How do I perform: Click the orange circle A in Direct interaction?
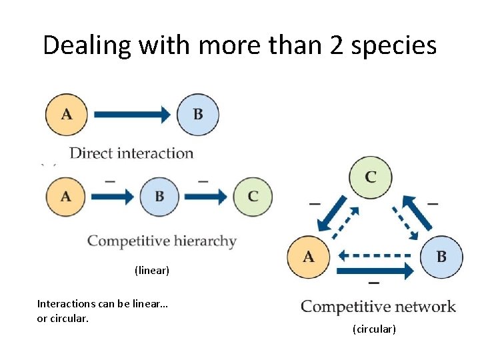pos(67,115)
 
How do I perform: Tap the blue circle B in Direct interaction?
pos(198,115)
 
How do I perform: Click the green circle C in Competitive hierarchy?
pos(253,197)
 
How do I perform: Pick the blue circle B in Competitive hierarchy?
pos(159,197)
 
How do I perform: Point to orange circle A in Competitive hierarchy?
pos(67,197)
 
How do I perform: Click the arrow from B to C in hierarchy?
pos(206,197)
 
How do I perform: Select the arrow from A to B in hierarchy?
pos(113,197)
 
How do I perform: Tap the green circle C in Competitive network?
pos(371,177)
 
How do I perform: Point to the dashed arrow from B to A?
pos(375,255)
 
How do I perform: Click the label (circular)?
pos(374,329)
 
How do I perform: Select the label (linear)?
pos(152,271)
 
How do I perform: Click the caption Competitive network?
pos(378,307)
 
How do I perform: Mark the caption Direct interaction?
pos(131,153)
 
